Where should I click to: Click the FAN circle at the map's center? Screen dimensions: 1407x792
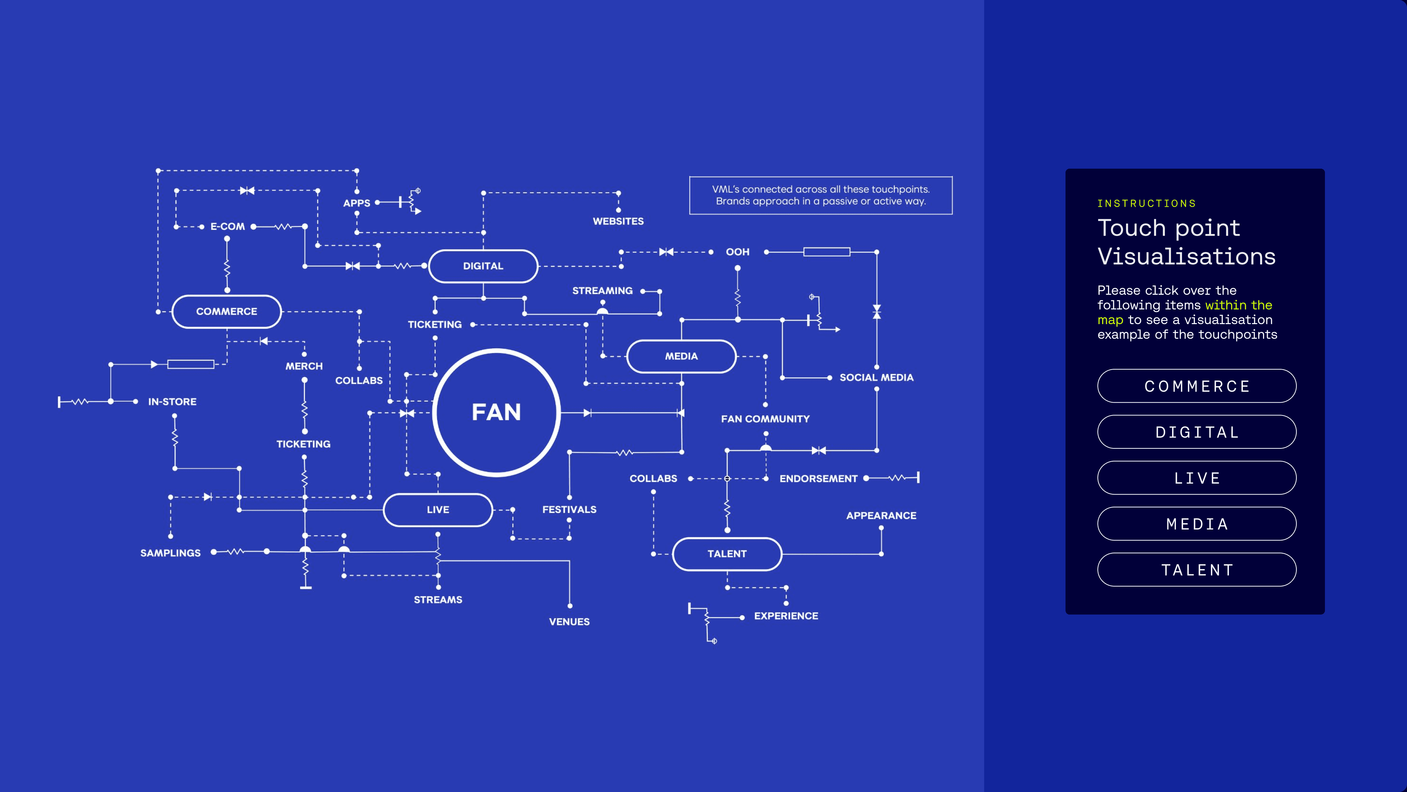(x=496, y=412)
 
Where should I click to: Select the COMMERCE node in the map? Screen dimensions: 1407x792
(x=227, y=312)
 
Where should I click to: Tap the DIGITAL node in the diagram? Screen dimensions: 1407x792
(x=483, y=266)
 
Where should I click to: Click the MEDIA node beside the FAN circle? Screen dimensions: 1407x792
(x=681, y=356)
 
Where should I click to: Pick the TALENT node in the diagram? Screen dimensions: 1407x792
(x=727, y=554)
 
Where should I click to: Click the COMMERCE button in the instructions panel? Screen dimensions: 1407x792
(x=1197, y=386)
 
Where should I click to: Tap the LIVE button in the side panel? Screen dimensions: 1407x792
(x=1197, y=478)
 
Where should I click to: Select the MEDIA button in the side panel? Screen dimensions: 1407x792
(x=1197, y=524)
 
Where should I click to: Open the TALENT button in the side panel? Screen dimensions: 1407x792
(x=1197, y=570)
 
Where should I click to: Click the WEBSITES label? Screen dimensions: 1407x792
(x=618, y=221)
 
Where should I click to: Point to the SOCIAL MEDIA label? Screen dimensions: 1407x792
(x=876, y=378)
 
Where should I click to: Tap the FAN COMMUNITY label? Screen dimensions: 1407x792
(x=765, y=419)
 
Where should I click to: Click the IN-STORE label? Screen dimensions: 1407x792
(x=172, y=402)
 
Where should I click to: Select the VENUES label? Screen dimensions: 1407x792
(x=569, y=622)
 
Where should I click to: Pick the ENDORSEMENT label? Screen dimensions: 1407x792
(x=818, y=479)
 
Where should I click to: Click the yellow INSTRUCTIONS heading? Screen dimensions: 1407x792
(x=1146, y=204)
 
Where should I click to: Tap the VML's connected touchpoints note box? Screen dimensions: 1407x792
(x=820, y=195)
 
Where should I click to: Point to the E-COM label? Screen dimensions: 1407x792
(x=227, y=226)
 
